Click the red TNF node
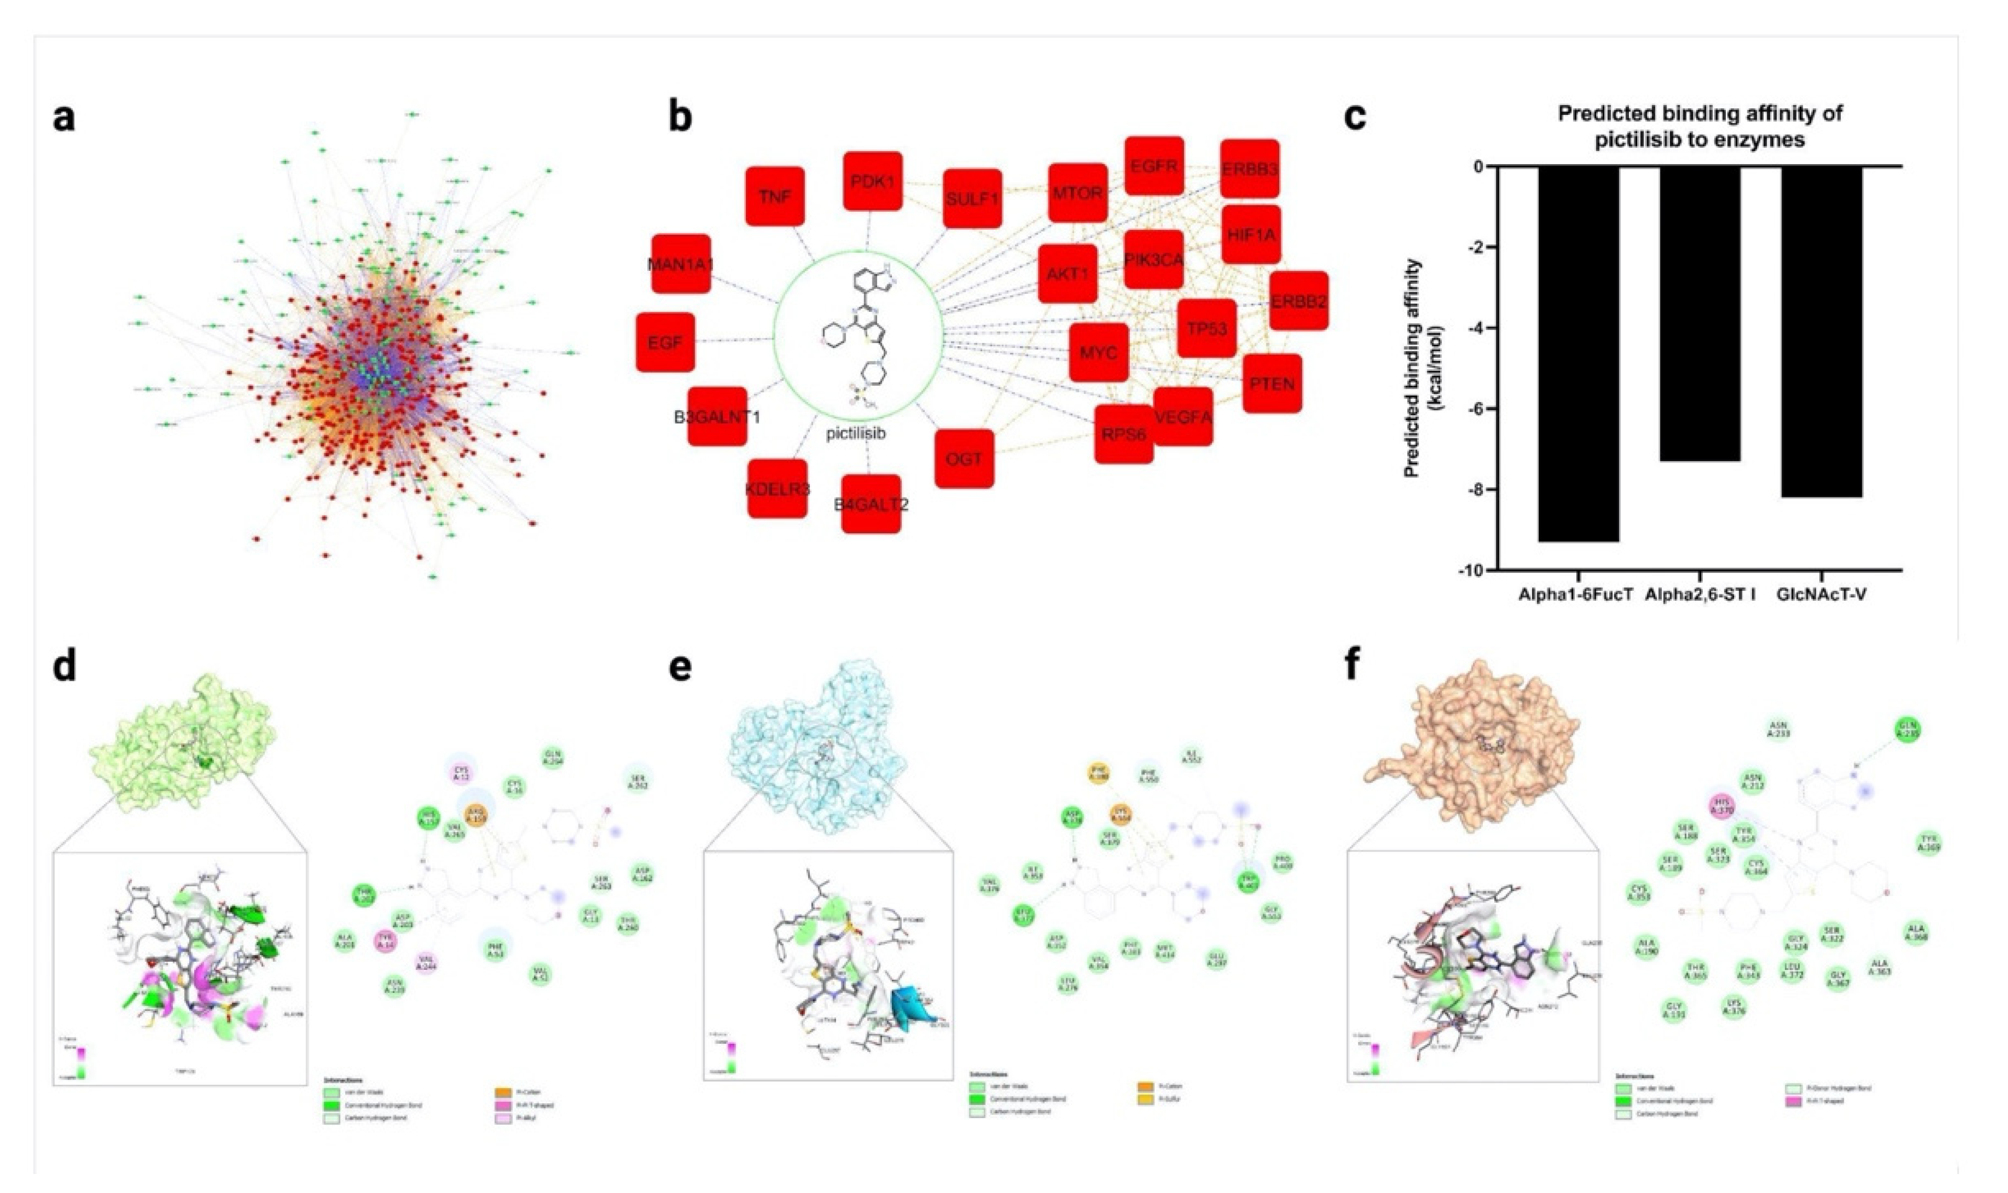click(775, 196)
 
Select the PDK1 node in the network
click(872, 181)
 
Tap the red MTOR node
click(1077, 193)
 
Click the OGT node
click(964, 458)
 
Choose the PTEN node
click(1271, 384)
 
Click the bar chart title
click(1700, 126)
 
